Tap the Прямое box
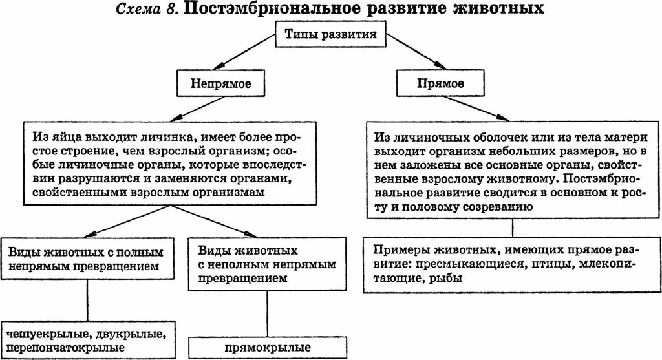tap(440, 83)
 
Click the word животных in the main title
tap(491, 10)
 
